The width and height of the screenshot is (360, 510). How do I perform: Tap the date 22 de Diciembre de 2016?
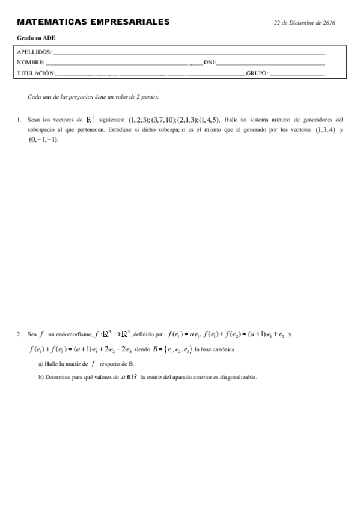tap(304, 22)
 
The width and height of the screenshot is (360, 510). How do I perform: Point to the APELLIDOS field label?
tap(34, 52)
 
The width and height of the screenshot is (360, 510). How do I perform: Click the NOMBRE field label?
tap(30, 63)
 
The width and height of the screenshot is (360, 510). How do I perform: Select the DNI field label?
tap(210, 63)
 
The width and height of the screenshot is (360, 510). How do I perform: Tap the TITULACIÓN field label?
tap(36, 73)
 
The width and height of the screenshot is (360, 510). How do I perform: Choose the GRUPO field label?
tap(257, 73)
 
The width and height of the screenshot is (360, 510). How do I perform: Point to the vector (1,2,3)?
tap(139, 120)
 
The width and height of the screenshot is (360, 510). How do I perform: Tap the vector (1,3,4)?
tap(326, 129)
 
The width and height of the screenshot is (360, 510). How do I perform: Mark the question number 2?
tap(19, 334)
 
